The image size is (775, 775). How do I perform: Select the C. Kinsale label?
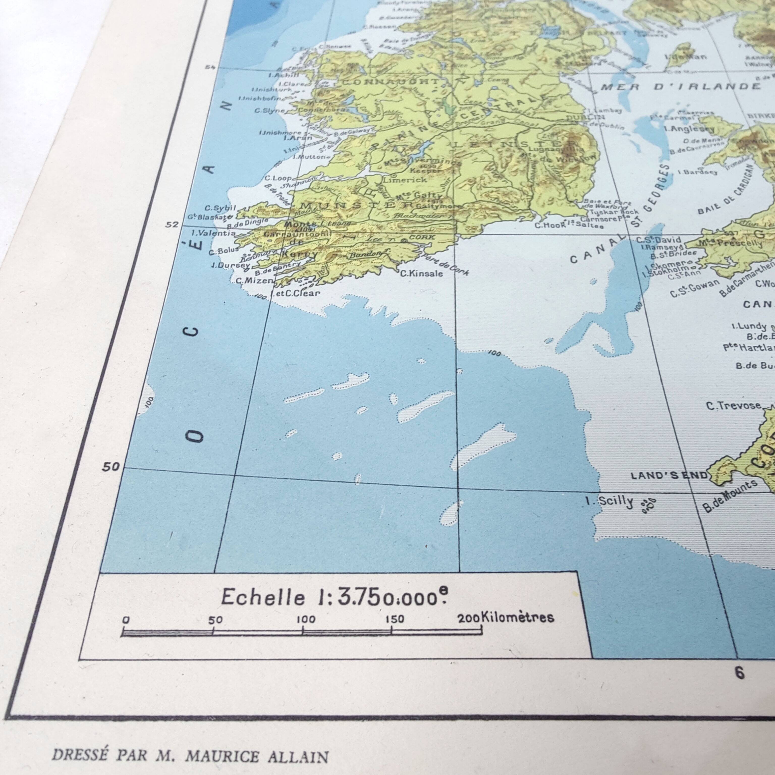tap(422, 273)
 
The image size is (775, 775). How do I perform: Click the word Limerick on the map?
tap(404, 180)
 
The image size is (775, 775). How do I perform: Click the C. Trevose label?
tap(734, 406)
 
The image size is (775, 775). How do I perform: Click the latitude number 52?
tap(172, 224)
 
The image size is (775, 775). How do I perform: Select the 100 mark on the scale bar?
tap(306, 619)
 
